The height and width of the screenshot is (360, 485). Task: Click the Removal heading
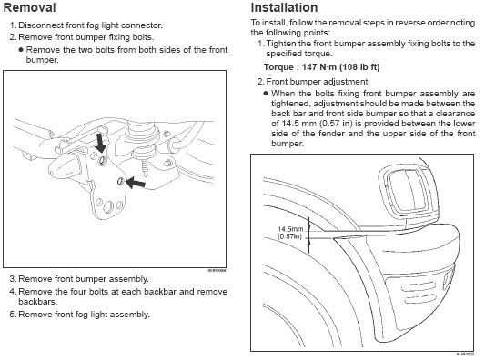(29, 7)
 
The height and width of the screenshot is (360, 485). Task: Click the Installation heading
(284, 7)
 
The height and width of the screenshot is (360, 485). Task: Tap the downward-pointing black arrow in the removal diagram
(100, 143)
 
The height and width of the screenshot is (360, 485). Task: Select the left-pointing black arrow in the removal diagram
(136, 183)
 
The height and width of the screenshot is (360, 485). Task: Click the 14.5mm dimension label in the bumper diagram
(290, 229)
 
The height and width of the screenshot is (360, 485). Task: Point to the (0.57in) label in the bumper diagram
(289, 236)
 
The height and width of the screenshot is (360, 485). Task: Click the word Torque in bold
(278, 67)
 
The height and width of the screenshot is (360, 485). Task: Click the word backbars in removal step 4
(37, 302)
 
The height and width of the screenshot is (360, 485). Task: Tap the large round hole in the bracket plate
(108, 206)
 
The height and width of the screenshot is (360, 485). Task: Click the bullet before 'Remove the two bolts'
(21, 50)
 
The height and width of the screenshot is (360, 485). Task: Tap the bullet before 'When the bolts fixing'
(266, 94)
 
